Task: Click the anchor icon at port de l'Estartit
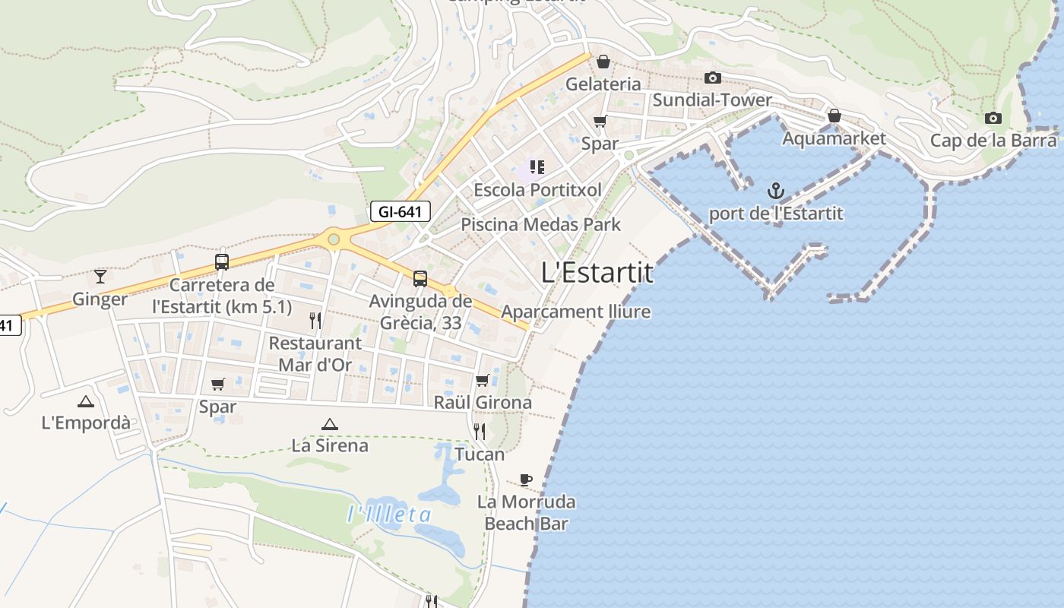776,190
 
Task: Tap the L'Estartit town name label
597,272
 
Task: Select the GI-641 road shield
401,211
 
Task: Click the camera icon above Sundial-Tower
712,78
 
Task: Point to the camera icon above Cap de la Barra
993,118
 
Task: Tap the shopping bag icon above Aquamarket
834,116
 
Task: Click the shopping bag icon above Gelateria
603,61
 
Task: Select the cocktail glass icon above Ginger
100,276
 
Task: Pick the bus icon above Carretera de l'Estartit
221,262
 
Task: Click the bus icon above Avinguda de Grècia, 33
420,279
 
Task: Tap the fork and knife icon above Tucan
480,432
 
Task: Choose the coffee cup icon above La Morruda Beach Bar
525,480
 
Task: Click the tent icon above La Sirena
329,424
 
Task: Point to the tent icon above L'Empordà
85,401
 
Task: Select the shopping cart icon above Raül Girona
482,380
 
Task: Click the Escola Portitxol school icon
537,166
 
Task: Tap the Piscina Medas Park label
540,224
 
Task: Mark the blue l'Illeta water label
389,515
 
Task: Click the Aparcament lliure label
575,312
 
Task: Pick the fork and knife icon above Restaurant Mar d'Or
315,320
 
